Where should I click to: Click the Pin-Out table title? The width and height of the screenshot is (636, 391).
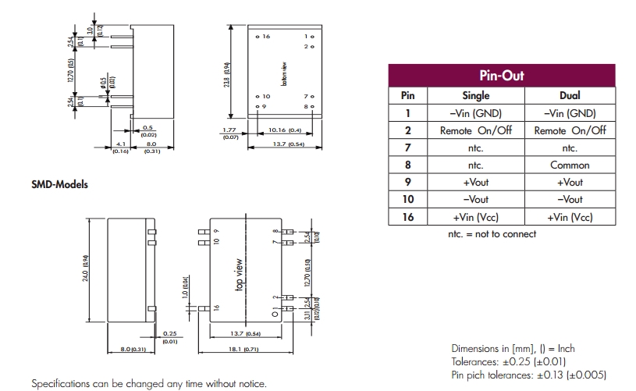pyautogui.click(x=501, y=76)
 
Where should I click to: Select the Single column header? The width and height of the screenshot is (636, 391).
pyautogui.click(x=476, y=95)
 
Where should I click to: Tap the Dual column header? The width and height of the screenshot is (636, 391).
pyautogui.click(x=570, y=95)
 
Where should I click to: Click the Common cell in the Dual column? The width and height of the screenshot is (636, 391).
pyautogui.click(x=570, y=165)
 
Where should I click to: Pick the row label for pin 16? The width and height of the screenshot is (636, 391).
pyautogui.click(x=407, y=217)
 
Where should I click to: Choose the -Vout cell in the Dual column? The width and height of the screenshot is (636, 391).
pyautogui.click(x=570, y=200)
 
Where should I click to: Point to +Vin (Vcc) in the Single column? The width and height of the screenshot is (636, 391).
pyautogui.click(x=476, y=217)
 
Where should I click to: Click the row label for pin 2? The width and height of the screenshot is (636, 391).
pyautogui.click(x=407, y=130)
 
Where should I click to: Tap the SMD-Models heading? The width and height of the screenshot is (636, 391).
pyautogui.click(x=59, y=185)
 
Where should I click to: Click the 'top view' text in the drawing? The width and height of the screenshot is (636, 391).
pyautogui.click(x=240, y=275)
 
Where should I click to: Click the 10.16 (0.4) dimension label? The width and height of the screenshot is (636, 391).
pyautogui.click(x=284, y=130)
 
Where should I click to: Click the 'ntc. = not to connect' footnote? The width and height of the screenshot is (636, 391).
pyautogui.click(x=492, y=234)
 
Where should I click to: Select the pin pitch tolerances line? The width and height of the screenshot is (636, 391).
pyautogui.click(x=528, y=374)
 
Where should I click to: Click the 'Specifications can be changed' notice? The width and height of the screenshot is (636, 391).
pyautogui.click(x=148, y=384)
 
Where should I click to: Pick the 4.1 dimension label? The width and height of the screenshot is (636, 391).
pyautogui.click(x=120, y=144)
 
